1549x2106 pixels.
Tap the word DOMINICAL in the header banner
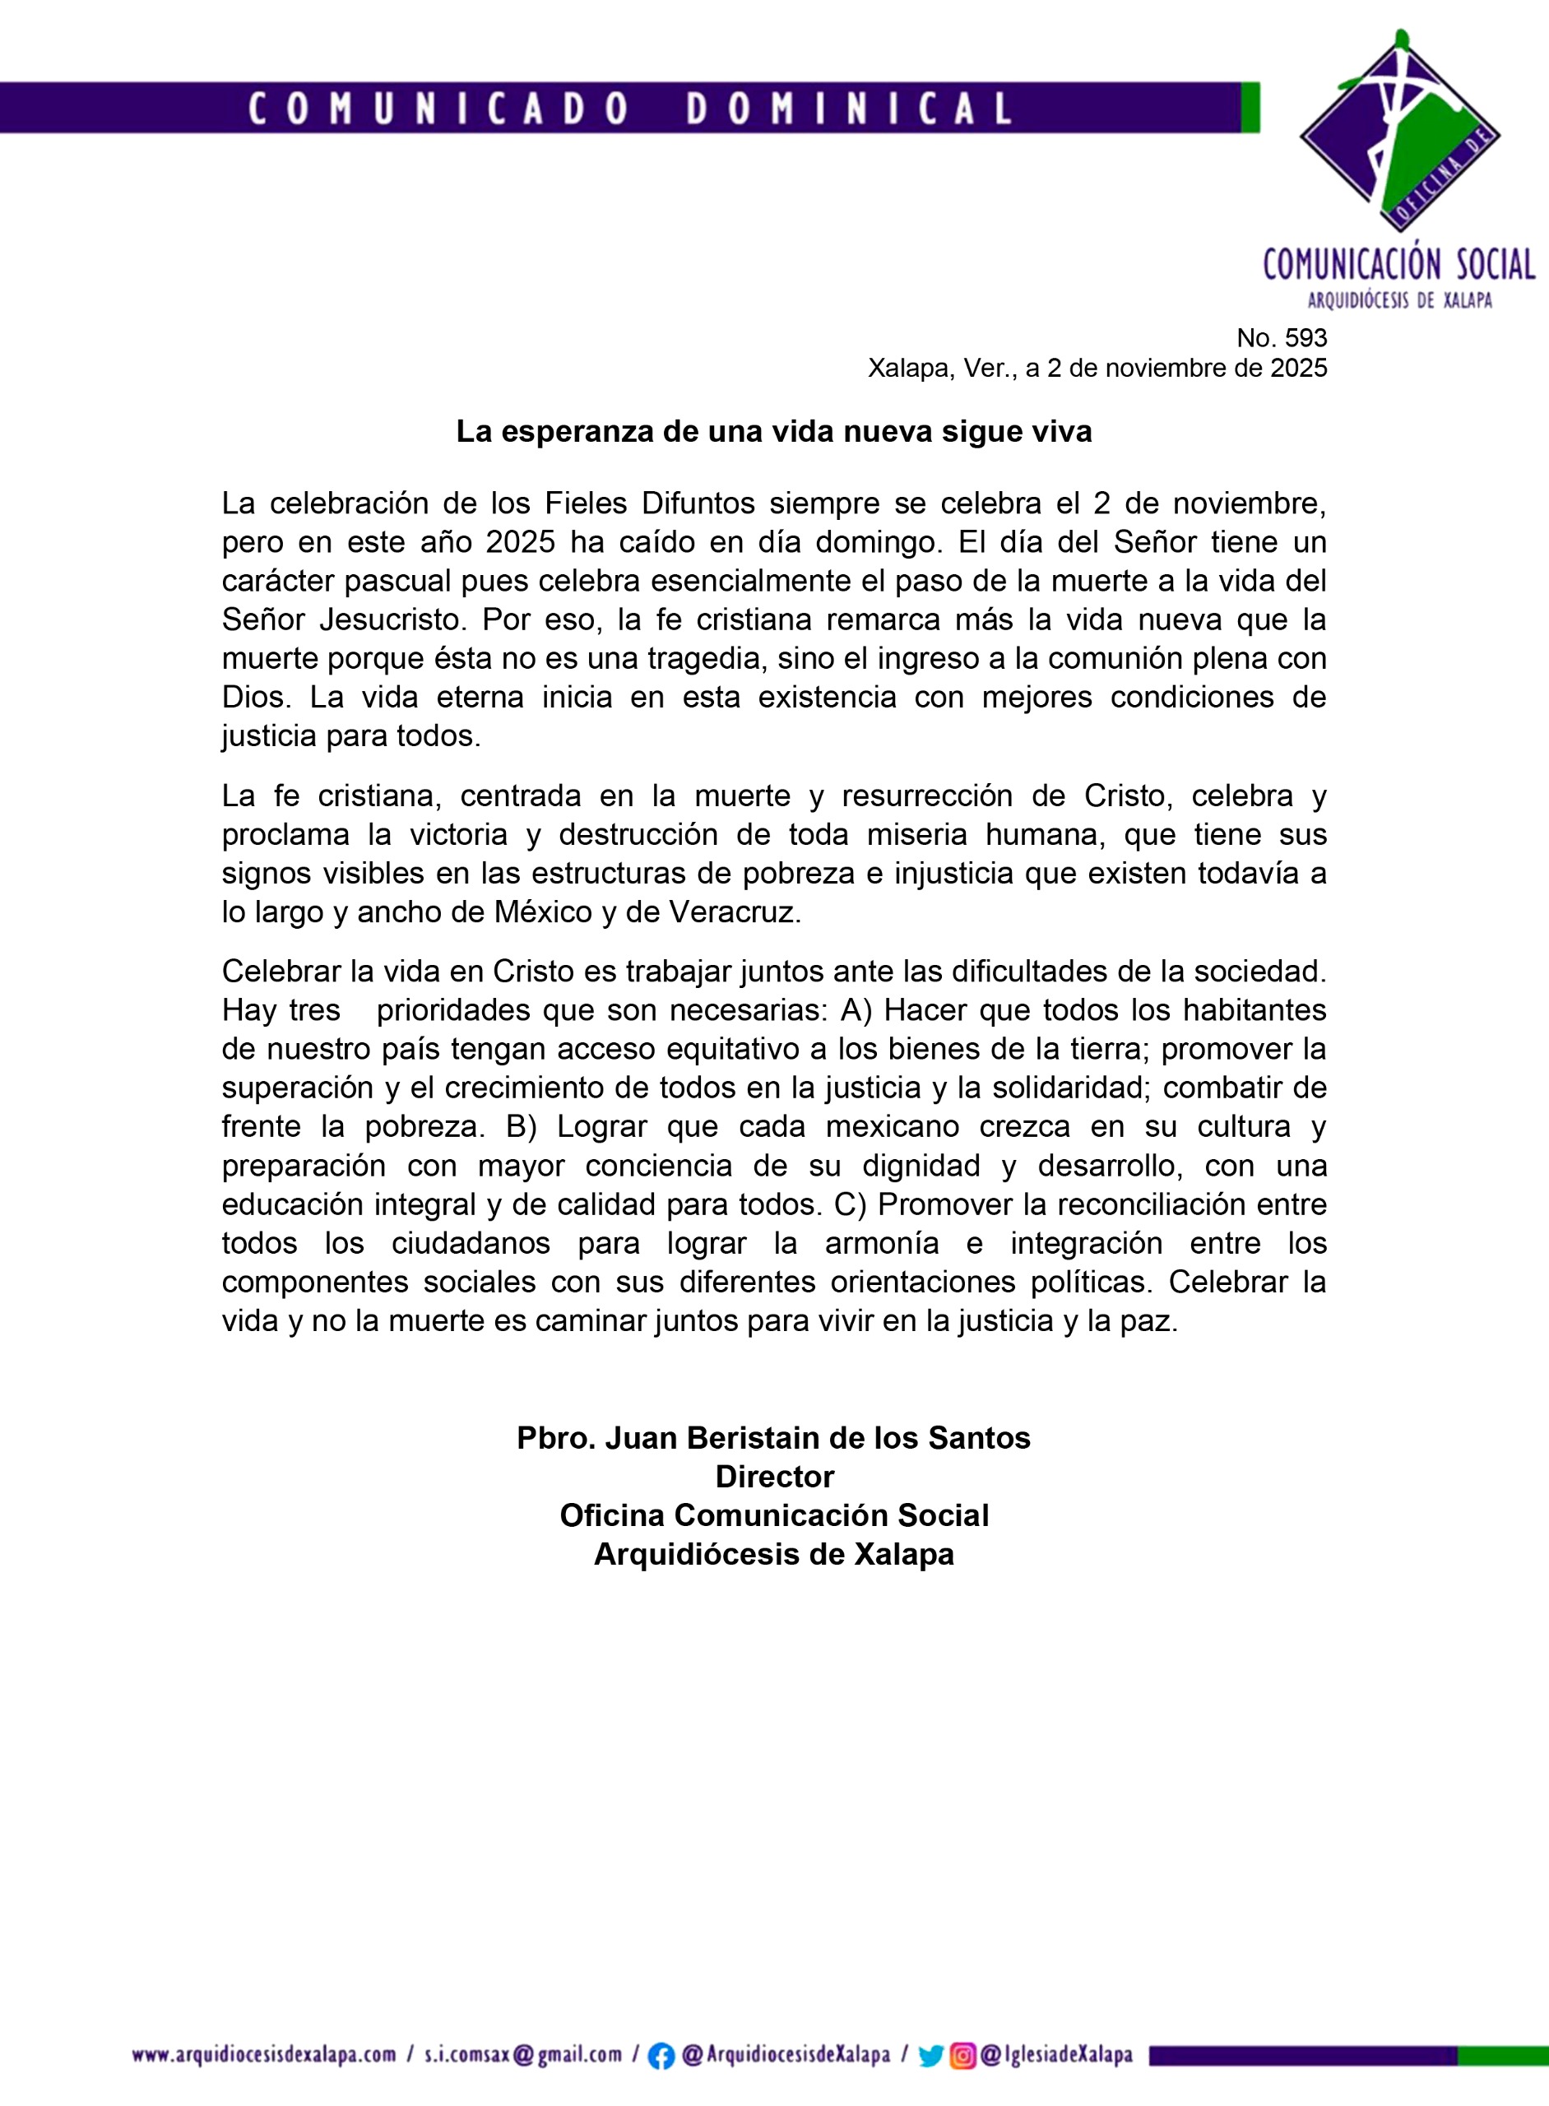[849, 109]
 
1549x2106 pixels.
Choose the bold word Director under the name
[775, 1477]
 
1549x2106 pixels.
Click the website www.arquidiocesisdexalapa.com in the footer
[263, 2055]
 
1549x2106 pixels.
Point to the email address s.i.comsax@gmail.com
[522, 2055]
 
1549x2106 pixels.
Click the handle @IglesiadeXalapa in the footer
[1057, 2055]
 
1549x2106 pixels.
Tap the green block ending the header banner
[1250, 108]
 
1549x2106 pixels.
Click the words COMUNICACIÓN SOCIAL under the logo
[1399, 266]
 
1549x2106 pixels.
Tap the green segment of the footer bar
[1502, 2055]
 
